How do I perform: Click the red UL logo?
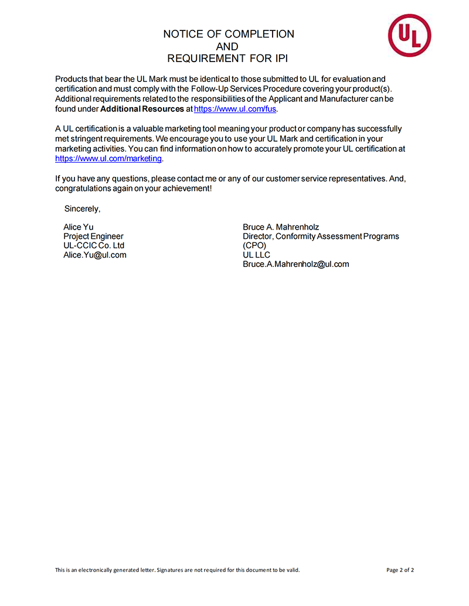pyautogui.click(x=409, y=36)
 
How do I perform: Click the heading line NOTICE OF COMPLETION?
pyautogui.click(x=229, y=34)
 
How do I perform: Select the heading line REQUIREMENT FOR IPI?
pyautogui.click(x=227, y=59)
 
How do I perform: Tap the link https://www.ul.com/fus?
pyautogui.click(x=235, y=109)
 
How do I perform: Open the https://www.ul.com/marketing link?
pyautogui.click(x=108, y=159)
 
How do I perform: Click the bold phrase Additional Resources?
pyautogui.click(x=142, y=109)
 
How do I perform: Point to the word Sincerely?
pyautogui.click(x=82, y=208)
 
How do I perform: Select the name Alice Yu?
pyautogui.click(x=78, y=227)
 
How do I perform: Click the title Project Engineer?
pyautogui.click(x=93, y=237)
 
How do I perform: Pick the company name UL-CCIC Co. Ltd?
pyautogui.click(x=94, y=245)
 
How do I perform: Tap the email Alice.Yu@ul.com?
pyautogui.click(x=94, y=255)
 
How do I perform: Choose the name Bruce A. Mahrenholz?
pyautogui.click(x=281, y=227)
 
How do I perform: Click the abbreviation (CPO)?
pyautogui.click(x=254, y=246)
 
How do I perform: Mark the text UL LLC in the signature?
pyautogui.click(x=256, y=255)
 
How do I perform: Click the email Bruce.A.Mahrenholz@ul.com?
pyautogui.click(x=295, y=264)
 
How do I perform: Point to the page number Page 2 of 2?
pyautogui.click(x=400, y=570)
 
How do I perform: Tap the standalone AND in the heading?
pyautogui.click(x=227, y=46)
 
